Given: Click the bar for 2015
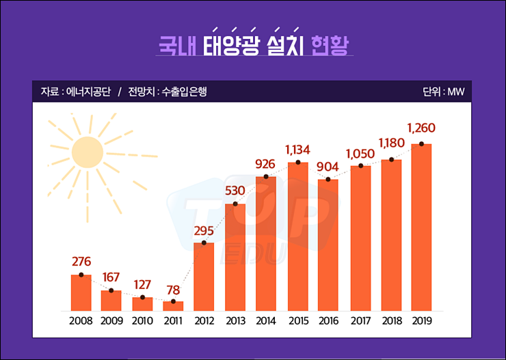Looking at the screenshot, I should point(297,236).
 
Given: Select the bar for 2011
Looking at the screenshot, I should point(173,306).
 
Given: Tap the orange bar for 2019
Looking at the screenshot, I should point(421,227).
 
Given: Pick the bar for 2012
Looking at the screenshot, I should point(204,277).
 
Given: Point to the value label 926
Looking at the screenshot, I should point(266,165).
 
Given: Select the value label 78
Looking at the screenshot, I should point(173,290).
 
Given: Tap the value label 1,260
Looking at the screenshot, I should point(421,128).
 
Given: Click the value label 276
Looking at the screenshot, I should point(81,262).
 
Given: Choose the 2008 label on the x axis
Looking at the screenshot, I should point(81,320).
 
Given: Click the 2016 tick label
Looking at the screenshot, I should point(328,320).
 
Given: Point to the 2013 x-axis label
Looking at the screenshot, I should point(235,320).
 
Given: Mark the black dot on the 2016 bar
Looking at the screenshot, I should point(328,180).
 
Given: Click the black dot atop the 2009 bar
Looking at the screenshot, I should point(111,291).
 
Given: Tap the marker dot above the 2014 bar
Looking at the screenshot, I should point(266,177).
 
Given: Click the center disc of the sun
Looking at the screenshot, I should point(87,152).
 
